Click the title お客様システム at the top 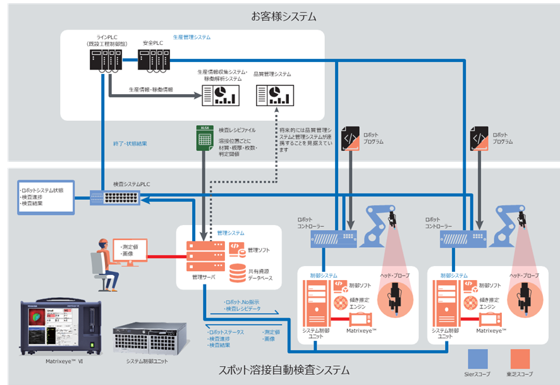point(284,16)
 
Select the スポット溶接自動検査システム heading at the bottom point(283,369)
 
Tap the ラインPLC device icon point(104,61)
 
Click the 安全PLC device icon point(154,61)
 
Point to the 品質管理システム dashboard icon point(271,95)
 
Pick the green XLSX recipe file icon point(204,138)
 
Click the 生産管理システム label point(192,37)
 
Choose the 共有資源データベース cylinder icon point(238,273)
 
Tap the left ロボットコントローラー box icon point(333,239)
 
